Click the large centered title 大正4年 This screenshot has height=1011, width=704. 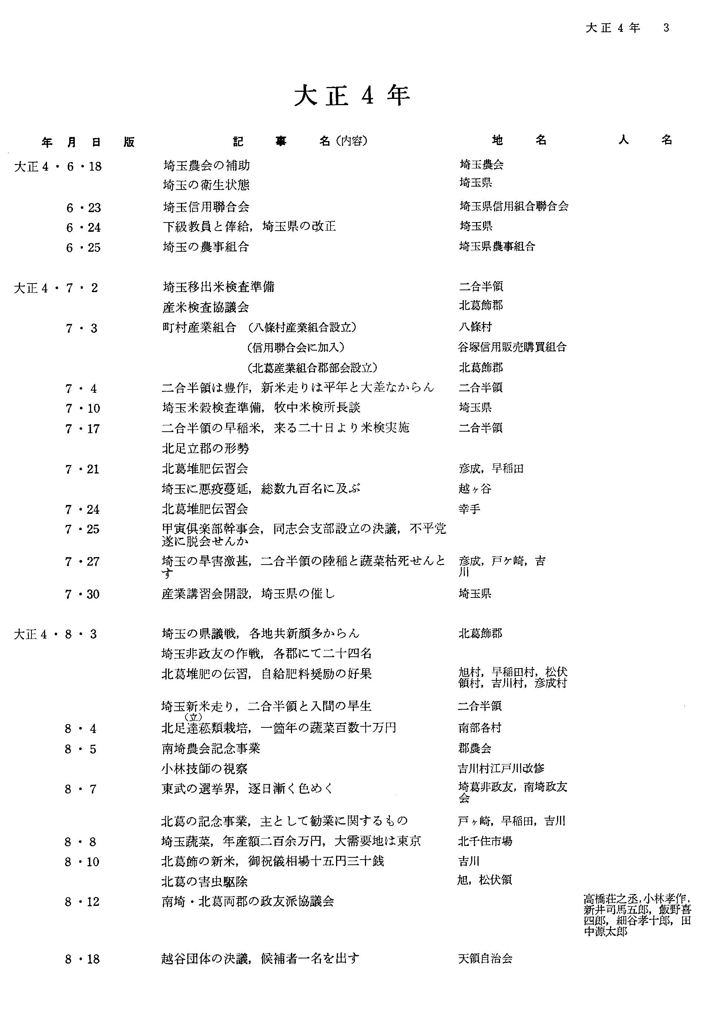coord(352,96)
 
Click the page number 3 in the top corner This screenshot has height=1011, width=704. coord(666,28)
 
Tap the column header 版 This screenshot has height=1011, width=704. coord(129,142)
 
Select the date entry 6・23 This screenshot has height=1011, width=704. coord(84,207)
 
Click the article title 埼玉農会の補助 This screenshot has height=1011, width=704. coord(207,165)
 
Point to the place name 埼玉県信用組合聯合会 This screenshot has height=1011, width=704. coord(514,206)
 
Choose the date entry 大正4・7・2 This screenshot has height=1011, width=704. coord(56,288)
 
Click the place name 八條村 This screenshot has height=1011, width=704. coord(475,327)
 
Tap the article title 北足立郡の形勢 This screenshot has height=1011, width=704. coord(205,449)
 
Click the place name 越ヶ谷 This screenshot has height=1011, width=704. coord(475,489)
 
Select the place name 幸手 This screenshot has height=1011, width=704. coord(469,509)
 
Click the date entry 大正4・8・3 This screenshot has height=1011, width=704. coord(56,634)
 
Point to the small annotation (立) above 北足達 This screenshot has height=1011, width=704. coord(193,717)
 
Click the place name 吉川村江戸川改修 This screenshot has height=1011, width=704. coord(501,769)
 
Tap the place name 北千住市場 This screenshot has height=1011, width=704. coord(485,841)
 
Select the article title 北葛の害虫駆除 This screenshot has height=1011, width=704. coord(205,881)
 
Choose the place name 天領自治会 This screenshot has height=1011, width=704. coord(485,958)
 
